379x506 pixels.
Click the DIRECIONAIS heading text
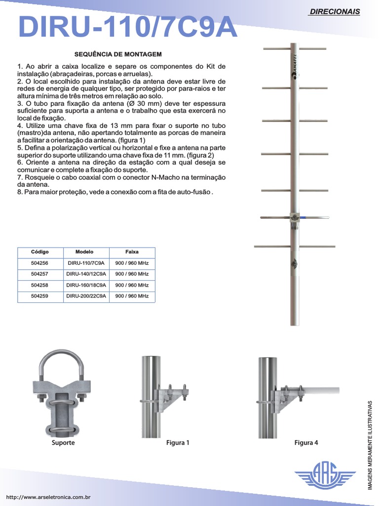click(334, 11)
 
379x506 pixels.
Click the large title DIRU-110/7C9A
click(128, 27)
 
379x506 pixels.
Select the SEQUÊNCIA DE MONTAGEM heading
click(118, 53)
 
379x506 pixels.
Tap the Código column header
click(40, 252)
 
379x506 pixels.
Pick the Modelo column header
click(84, 252)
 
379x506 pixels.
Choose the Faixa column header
click(132, 252)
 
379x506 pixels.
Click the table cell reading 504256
click(40, 263)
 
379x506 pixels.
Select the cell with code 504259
click(40, 296)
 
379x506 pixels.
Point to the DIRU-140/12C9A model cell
click(86, 274)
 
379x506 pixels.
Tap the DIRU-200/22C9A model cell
click(86, 296)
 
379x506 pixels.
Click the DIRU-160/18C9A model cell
click(86, 285)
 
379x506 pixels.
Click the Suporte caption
click(63, 443)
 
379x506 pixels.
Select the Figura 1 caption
click(178, 443)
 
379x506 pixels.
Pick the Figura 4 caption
click(306, 443)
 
